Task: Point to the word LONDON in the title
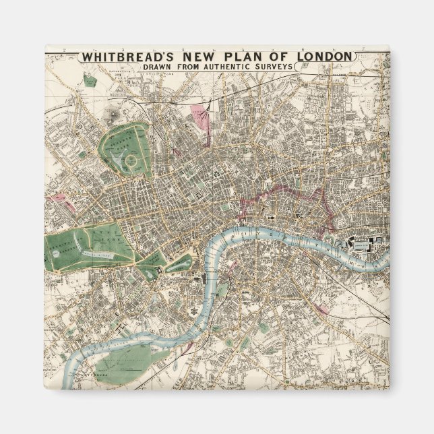click(x=320, y=56)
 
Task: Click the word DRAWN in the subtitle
click(x=156, y=67)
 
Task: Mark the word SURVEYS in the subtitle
click(x=277, y=67)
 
